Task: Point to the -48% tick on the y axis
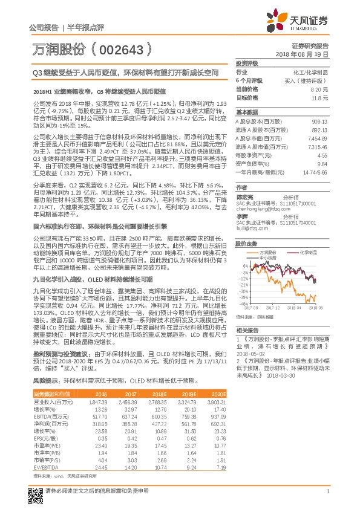tap(243, 304)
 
